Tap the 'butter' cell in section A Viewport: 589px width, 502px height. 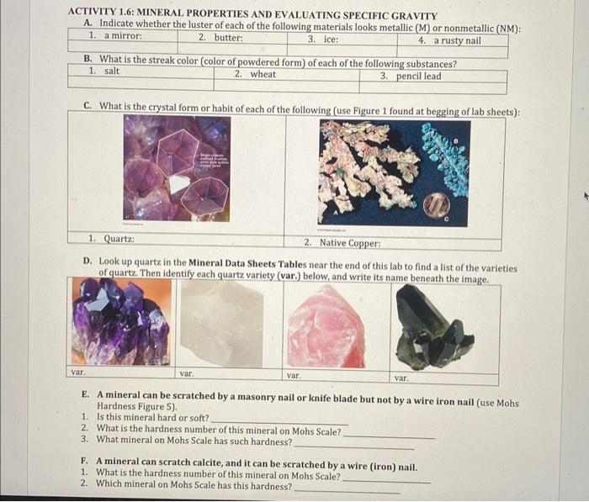tap(227, 39)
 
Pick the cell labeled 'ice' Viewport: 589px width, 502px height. tap(328, 39)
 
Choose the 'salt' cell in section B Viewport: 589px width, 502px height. tap(110, 71)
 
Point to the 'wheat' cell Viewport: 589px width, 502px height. tap(262, 75)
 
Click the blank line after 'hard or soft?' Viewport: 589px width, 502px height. tap(278, 419)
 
